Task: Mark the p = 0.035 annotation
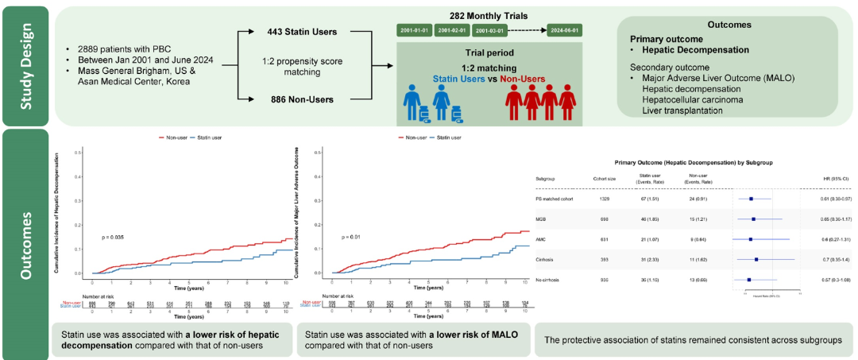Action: [114, 237]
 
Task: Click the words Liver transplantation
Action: [682, 110]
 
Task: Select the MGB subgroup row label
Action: [542, 218]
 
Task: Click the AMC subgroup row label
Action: [542, 238]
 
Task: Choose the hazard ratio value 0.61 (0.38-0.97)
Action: [835, 198]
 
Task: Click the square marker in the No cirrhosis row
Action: [749, 280]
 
